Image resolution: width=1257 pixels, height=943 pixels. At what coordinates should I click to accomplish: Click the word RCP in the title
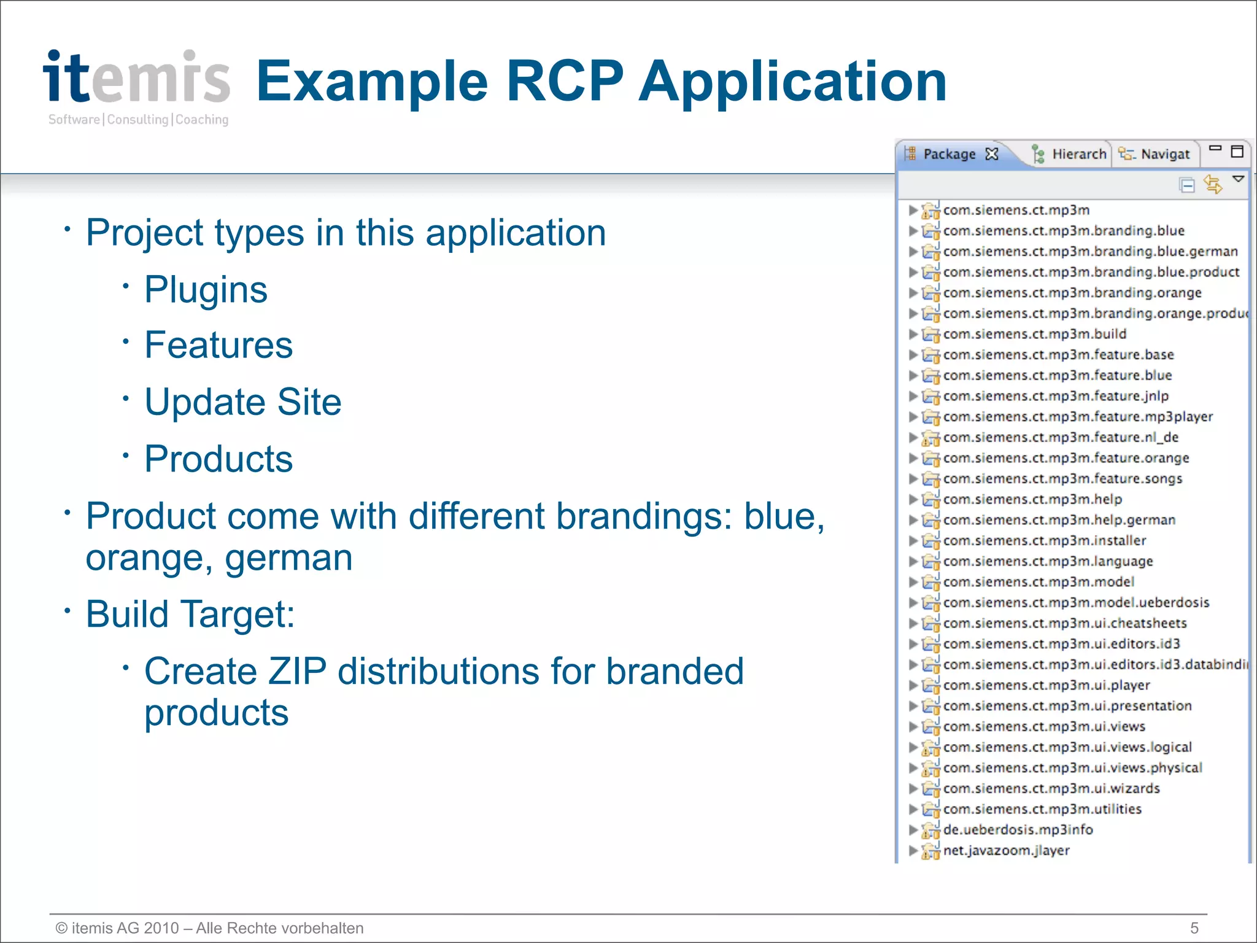click(x=563, y=81)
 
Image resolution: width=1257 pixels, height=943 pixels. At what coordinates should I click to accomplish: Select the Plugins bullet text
click(x=206, y=289)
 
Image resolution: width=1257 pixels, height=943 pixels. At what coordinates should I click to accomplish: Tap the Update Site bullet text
click(x=242, y=402)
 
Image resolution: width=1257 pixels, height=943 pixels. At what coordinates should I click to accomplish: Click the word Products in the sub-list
click(x=219, y=459)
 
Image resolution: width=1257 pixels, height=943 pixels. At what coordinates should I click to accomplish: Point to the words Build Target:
click(x=190, y=614)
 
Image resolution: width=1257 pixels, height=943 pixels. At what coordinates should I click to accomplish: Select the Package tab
click(x=949, y=154)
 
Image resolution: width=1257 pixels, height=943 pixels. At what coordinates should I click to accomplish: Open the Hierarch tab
click(x=1078, y=154)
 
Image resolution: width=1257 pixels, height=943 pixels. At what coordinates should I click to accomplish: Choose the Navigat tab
click(x=1164, y=154)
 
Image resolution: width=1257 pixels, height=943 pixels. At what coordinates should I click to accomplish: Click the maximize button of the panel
click(x=1237, y=151)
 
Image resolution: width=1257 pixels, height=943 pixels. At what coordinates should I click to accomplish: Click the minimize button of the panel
click(x=1215, y=148)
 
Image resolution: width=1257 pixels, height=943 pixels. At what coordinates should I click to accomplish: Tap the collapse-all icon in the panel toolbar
click(x=1187, y=185)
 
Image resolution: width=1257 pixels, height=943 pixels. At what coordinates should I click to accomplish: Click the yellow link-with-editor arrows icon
click(x=1212, y=184)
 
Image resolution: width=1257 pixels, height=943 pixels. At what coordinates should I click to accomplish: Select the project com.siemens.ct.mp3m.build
click(x=1034, y=334)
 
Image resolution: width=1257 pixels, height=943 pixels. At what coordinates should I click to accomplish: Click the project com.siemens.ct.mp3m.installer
click(x=1044, y=540)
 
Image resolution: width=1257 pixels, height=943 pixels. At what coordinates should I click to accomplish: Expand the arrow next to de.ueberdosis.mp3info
click(x=913, y=830)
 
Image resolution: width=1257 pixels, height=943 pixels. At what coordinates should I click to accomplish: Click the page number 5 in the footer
click(x=1194, y=928)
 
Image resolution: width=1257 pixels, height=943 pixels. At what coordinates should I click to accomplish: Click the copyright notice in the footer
click(x=209, y=928)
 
